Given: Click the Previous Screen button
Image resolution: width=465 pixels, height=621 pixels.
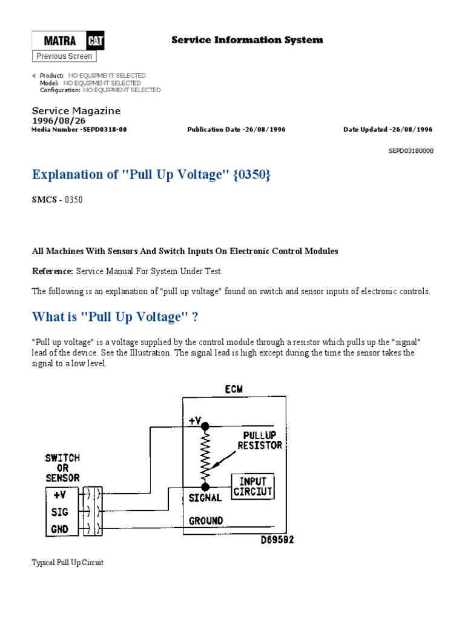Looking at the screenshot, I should (x=64, y=56).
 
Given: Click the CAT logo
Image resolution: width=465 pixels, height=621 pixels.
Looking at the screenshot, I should (x=96, y=41).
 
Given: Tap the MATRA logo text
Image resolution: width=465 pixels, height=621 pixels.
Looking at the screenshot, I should (x=60, y=41).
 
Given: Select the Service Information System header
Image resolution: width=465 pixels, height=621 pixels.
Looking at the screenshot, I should (x=247, y=40).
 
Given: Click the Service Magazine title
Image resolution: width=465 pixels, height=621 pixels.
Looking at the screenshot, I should (x=76, y=111).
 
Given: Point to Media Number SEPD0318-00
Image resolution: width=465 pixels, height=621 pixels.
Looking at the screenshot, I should (x=79, y=129).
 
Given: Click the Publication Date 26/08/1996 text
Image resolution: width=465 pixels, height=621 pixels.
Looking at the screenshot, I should (x=236, y=129).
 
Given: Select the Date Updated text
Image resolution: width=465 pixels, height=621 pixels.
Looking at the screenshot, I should (x=387, y=129).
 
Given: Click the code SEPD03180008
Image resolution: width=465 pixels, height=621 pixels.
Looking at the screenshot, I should (x=411, y=151).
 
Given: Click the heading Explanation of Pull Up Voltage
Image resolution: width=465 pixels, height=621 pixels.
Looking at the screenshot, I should (x=151, y=175).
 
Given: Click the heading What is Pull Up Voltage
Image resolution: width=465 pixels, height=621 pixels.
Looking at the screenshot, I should (x=115, y=317).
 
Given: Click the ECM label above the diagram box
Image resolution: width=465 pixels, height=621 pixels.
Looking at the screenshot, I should (x=235, y=389).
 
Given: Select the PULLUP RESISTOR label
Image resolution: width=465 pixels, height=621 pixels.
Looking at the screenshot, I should (x=262, y=440).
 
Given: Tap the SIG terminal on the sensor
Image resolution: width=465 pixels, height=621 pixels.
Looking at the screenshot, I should (x=60, y=512).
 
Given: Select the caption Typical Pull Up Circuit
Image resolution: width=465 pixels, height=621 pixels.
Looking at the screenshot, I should (x=67, y=562).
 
